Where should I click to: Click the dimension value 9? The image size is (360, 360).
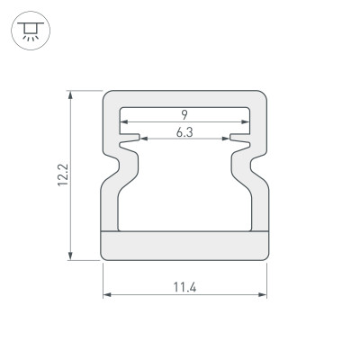pos(184,113)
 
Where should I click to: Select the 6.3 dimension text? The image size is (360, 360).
pos(184,133)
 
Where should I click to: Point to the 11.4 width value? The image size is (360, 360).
pos(185,287)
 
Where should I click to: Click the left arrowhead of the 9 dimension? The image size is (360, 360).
pos(123,121)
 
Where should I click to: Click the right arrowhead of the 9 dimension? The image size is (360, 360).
pos(246,121)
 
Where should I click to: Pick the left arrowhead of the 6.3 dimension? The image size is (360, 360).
pos(143,139)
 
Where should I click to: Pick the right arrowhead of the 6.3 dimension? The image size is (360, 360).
pos(226,139)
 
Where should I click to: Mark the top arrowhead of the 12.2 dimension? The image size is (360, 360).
pos(69,94)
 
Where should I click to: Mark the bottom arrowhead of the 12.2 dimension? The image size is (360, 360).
pos(69,257)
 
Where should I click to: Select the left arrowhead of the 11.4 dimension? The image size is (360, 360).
pos(105,295)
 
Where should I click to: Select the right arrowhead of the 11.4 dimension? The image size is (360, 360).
pos(265,295)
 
